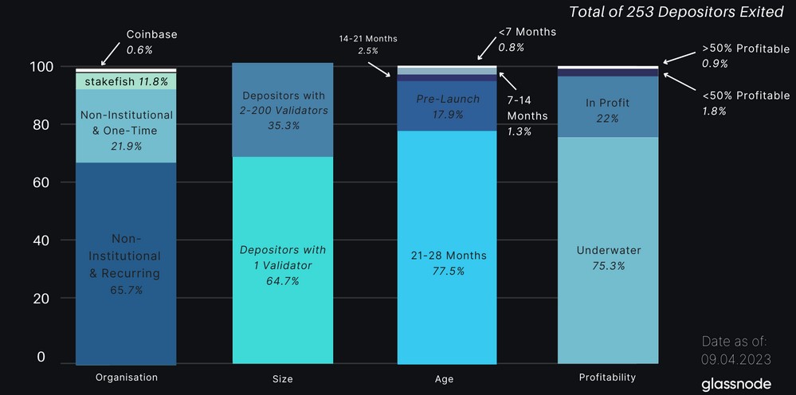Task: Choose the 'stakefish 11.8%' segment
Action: (126, 81)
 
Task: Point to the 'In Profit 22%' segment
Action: (608, 109)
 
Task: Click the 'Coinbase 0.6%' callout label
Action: (151, 41)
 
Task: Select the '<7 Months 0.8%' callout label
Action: (527, 39)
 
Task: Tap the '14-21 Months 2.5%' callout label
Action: (367, 45)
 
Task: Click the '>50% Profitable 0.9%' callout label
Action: (745, 56)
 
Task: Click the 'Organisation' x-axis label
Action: (126, 377)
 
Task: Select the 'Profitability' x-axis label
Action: (607, 377)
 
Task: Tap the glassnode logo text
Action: (735, 384)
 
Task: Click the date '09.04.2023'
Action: (735, 358)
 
